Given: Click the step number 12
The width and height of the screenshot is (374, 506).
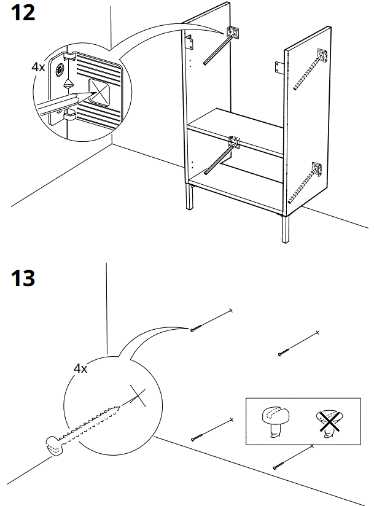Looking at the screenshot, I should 23,14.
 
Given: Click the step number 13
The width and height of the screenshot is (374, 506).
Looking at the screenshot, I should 23,279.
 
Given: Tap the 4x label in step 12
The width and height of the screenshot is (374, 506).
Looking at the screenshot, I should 38,66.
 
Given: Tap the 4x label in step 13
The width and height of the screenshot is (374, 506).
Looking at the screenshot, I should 80,368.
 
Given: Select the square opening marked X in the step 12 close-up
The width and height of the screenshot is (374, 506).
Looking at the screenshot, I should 100,91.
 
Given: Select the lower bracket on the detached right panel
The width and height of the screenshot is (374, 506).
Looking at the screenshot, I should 316,167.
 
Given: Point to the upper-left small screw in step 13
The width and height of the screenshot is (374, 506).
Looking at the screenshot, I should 195,330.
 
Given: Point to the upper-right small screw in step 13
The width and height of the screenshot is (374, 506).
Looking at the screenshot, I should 282,352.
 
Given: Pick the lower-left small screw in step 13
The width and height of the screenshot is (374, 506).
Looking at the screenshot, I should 195,438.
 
